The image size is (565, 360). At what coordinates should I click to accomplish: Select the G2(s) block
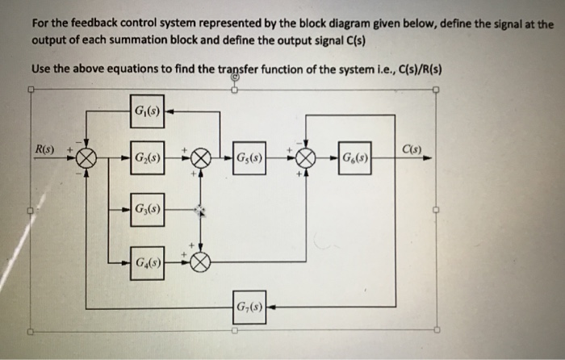coord(146,157)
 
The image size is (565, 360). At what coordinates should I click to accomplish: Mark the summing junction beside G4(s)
coord(201,262)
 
